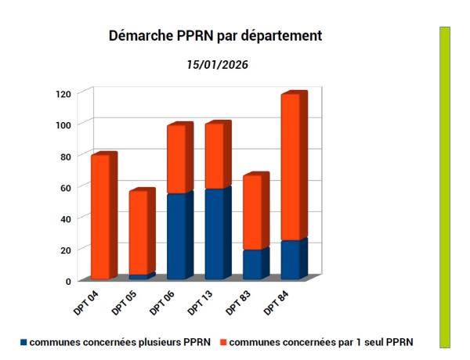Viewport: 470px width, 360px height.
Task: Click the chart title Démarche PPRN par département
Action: point(215,37)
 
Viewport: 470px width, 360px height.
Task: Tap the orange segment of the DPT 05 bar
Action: point(138,232)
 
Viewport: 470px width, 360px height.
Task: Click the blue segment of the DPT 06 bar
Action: point(176,236)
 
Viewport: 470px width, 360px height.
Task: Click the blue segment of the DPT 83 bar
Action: point(252,264)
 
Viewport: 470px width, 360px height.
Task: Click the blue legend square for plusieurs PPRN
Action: point(24,342)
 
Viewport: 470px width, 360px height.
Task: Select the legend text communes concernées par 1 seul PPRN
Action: point(320,342)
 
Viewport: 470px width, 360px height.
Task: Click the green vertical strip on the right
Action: point(445,186)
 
